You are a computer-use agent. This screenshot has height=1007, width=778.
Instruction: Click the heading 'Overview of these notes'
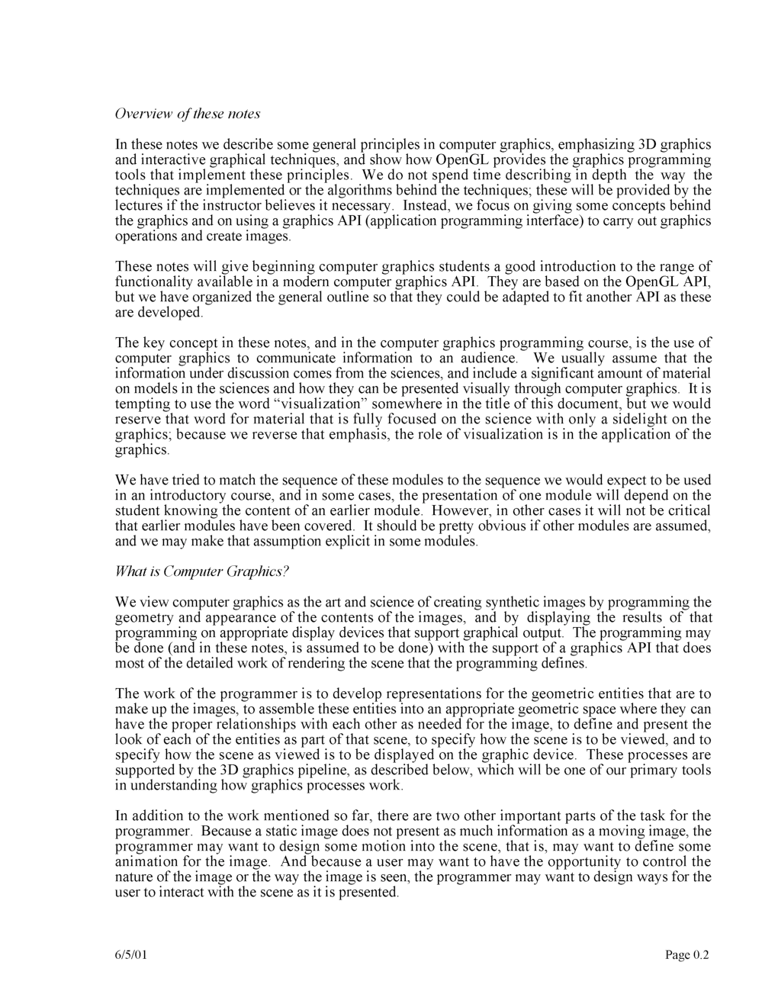click(188, 114)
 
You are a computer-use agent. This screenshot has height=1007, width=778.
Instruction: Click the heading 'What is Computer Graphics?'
click(203, 571)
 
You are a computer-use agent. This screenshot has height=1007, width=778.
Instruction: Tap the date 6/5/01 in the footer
click(131, 955)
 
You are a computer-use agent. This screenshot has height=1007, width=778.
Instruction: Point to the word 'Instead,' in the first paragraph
click(426, 205)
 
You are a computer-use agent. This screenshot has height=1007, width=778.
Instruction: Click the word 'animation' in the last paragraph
click(144, 861)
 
